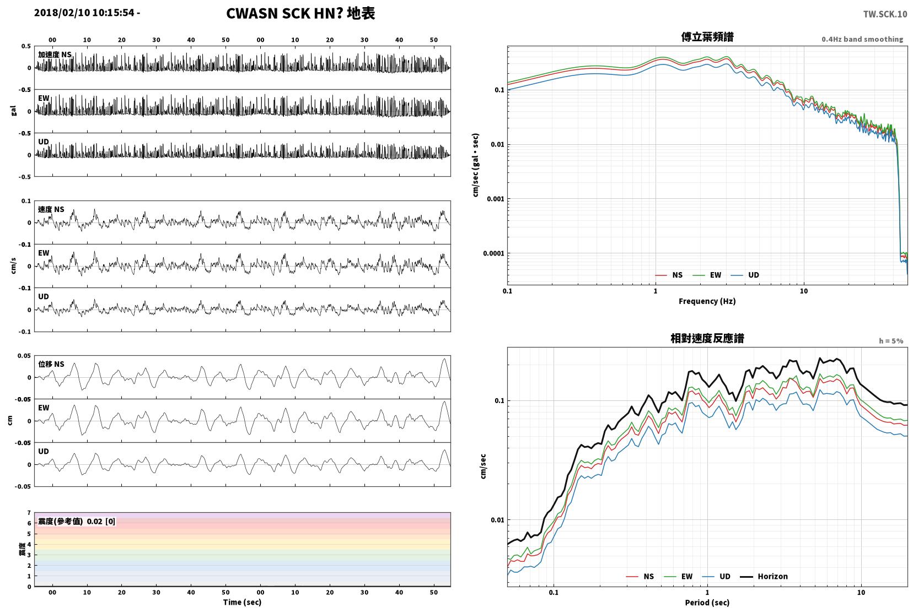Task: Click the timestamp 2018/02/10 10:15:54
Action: point(84,13)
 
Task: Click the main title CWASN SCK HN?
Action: point(284,13)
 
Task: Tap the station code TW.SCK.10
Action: point(885,14)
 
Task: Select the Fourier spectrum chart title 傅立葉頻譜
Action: point(707,37)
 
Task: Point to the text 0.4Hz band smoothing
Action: point(862,39)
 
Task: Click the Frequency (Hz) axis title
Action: point(707,301)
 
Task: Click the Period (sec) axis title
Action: point(707,603)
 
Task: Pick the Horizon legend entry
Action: point(764,576)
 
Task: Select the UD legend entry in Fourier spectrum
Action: point(745,275)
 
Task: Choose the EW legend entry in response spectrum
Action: point(678,576)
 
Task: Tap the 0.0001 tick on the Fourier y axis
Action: point(493,253)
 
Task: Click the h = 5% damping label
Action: point(891,341)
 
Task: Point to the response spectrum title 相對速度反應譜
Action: point(707,338)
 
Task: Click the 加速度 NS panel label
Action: point(55,55)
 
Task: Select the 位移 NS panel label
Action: point(51,364)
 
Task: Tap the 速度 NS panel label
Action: point(51,209)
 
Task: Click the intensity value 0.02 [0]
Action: point(101,522)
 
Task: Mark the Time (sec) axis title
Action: point(242,602)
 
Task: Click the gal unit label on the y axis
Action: point(13,111)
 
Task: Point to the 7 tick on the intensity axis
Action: point(29,513)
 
